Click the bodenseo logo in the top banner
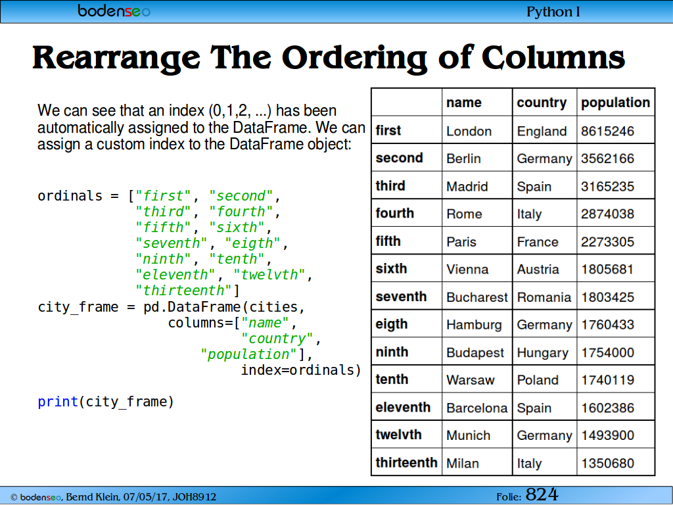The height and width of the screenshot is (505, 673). pos(114,11)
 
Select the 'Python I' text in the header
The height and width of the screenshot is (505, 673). pos(553,12)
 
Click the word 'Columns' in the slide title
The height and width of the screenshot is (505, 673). pos(553,57)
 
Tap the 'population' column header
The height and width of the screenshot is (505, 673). pos(615,103)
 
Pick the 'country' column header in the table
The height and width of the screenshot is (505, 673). pos(542,103)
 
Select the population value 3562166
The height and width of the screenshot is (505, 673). pos(607,158)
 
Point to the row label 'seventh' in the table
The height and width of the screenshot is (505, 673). pos(401,297)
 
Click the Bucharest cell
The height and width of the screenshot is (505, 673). pos(477,297)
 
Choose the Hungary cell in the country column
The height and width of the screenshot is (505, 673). pos(542,353)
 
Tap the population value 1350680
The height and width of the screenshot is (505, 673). pos(607,464)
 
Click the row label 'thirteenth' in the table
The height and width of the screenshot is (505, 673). pos(406,462)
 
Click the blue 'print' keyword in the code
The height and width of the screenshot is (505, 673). pos(58,402)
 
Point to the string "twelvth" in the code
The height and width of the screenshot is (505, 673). pos(269,275)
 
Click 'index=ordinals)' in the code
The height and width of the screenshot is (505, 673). pos(301,370)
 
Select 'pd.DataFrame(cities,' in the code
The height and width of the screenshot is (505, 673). pos(224,307)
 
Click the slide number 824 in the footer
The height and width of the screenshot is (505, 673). pos(542,494)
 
